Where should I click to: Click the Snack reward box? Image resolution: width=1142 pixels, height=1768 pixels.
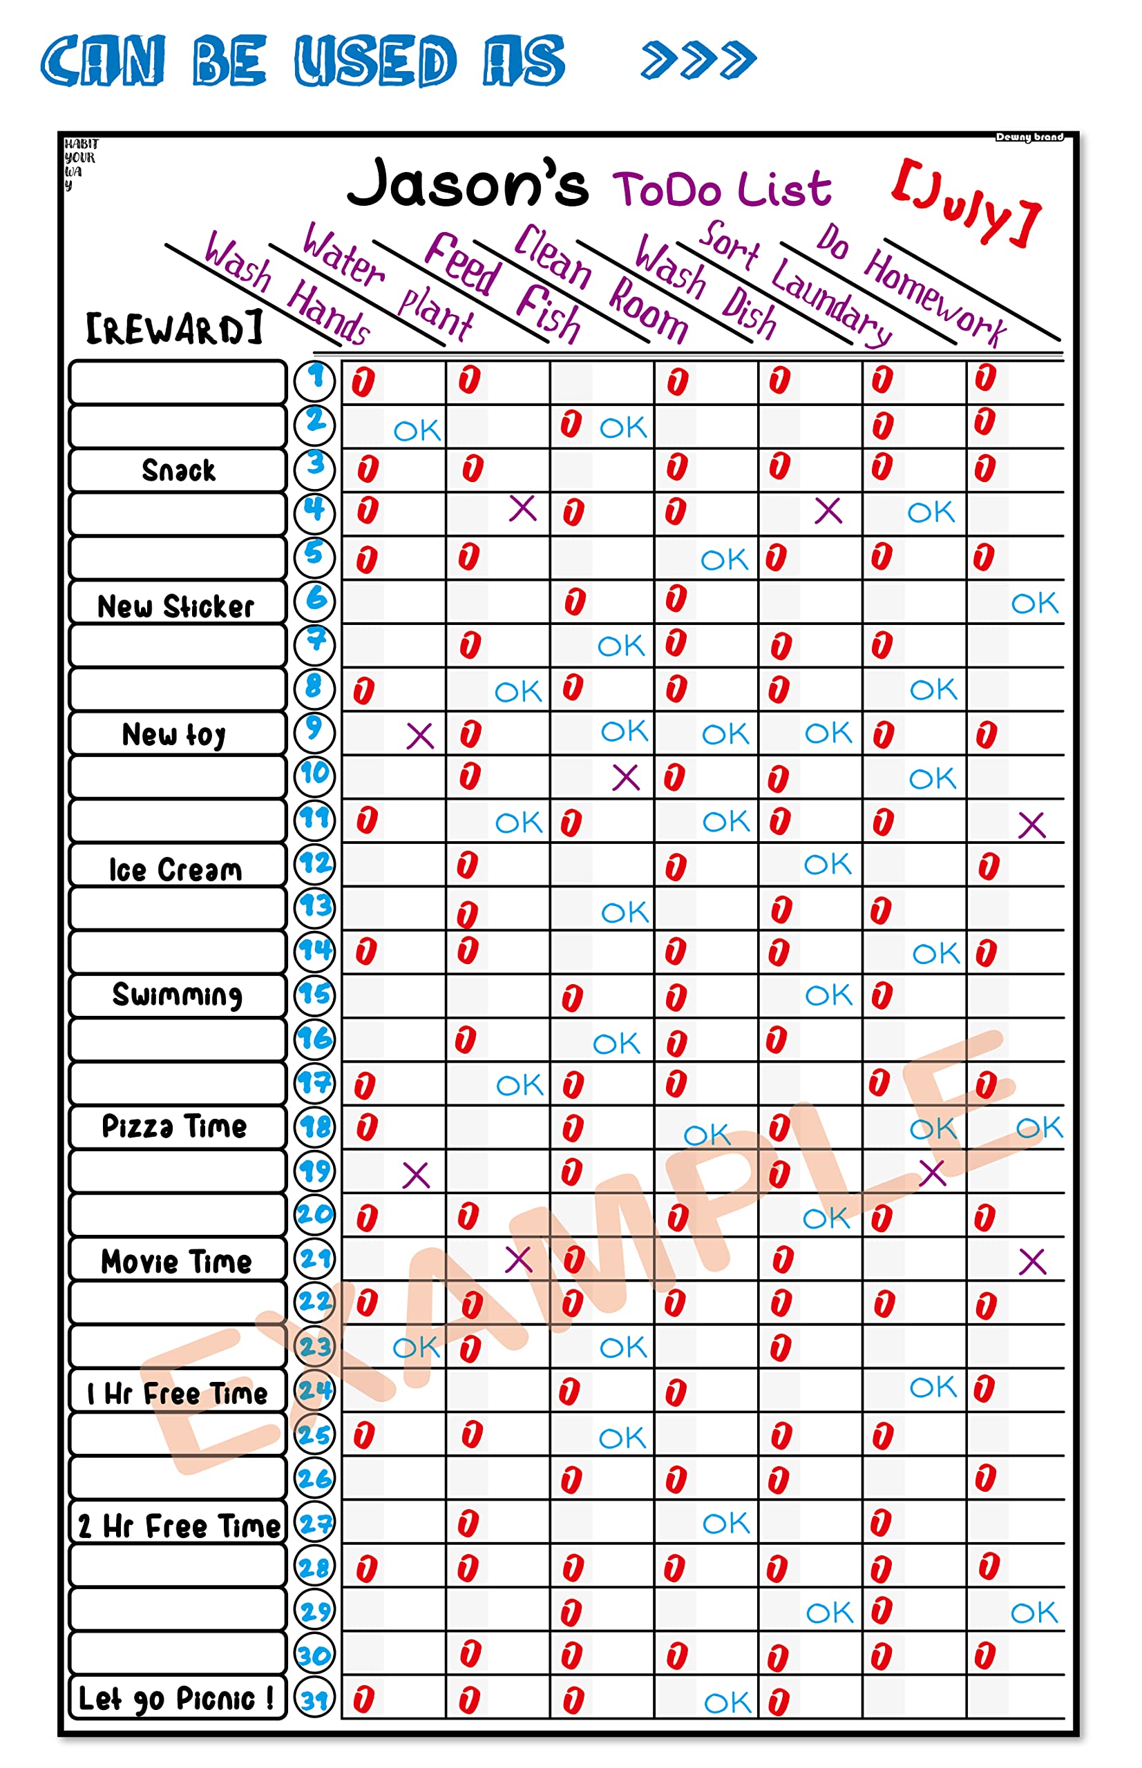tap(178, 471)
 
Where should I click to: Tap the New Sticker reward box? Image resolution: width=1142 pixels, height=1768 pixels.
tap(176, 606)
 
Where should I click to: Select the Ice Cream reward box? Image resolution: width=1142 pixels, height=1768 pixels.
tap(175, 869)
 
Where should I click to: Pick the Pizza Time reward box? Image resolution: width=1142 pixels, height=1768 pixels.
tap(175, 1126)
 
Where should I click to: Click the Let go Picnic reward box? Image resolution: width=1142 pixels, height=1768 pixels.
tap(176, 1698)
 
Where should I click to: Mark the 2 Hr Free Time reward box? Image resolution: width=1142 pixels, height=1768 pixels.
tap(178, 1526)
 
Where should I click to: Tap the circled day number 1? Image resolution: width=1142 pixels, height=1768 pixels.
tap(314, 380)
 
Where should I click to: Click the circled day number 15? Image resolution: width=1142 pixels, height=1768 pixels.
tap(314, 994)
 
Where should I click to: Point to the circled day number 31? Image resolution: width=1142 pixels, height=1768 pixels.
tap(314, 1699)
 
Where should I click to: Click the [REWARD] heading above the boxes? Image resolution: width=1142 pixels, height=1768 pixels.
tap(175, 329)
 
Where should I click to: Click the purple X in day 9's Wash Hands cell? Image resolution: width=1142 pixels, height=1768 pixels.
tap(420, 736)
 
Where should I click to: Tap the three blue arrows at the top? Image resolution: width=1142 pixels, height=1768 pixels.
tap(698, 60)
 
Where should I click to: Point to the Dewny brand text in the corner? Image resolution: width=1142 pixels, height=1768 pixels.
tap(1029, 137)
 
